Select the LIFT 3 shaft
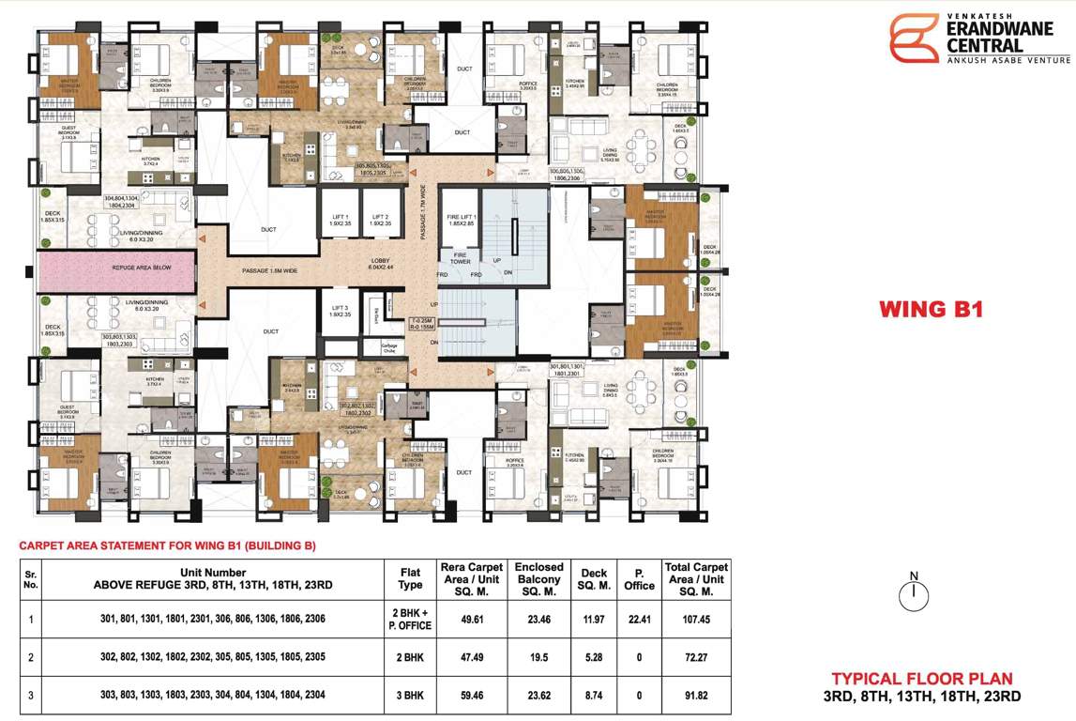point(340,311)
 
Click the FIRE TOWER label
point(461,258)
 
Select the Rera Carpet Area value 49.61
point(472,620)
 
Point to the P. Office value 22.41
point(639,620)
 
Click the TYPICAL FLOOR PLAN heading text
point(921,679)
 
